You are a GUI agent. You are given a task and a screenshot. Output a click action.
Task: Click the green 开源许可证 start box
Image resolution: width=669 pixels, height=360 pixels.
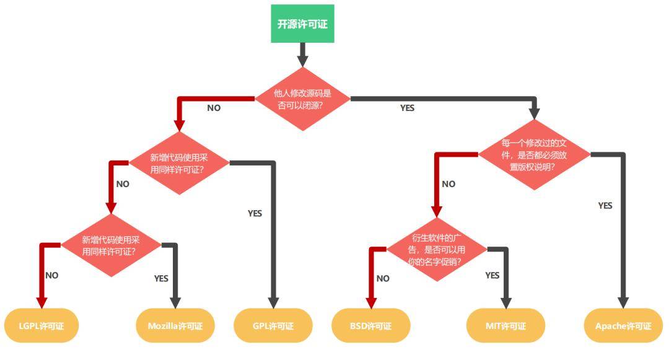302,24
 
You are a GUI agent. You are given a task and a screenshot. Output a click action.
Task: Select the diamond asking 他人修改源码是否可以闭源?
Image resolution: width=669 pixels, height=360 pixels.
302,99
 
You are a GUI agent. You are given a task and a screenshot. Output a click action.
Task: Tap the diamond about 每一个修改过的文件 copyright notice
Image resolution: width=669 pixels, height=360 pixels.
533,155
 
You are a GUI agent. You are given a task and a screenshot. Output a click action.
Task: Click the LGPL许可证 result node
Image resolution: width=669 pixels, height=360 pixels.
42,325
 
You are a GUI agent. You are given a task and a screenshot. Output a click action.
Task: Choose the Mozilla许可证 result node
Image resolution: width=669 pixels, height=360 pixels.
175,325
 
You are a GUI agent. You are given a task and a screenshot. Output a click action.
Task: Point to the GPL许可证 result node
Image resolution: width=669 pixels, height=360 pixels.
273,325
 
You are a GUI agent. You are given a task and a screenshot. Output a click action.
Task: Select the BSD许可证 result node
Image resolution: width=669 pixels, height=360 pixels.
370,325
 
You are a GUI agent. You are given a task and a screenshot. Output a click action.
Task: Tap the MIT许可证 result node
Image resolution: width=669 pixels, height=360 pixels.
505,325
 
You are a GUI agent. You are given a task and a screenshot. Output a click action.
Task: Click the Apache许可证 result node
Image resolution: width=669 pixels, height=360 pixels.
623,325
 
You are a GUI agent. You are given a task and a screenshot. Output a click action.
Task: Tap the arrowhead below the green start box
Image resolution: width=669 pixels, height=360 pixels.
302,61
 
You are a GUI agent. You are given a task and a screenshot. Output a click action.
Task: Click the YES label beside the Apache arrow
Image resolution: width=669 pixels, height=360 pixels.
605,205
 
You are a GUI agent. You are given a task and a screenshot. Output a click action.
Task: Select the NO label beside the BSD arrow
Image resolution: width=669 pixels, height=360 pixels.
383,278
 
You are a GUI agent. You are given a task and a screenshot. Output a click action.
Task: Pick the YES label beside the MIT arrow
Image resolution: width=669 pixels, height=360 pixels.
492,274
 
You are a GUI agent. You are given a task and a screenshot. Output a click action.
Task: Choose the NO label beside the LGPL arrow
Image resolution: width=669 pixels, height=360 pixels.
52,275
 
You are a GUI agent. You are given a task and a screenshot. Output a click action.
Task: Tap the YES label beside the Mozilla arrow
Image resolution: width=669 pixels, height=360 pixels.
161,278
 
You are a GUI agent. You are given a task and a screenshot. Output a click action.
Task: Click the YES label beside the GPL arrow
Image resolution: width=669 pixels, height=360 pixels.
255,213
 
